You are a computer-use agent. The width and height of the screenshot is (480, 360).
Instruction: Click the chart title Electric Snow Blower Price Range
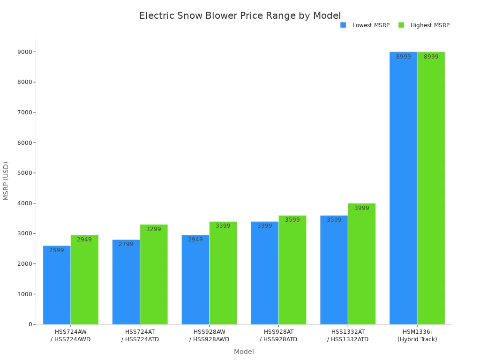(x=240, y=15)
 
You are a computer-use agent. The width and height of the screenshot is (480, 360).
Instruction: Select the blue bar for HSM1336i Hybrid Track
(x=403, y=187)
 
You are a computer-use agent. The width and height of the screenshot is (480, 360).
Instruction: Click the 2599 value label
(x=57, y=250)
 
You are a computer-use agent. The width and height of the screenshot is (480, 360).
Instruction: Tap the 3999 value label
(x=361, y=208)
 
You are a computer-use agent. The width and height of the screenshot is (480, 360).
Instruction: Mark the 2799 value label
(x=126, y=244)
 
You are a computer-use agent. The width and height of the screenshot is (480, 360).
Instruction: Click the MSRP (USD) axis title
(x=6, y=181)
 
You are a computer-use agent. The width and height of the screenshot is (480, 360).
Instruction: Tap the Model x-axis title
(x=244, y=352)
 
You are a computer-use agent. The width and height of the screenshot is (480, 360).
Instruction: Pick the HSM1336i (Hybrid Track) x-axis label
(x=417, y=336)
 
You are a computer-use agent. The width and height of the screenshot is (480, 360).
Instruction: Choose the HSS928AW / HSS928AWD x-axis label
(x=209, y=336)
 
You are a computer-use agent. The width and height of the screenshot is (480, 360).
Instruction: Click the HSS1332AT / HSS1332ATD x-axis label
(x=348, y=336)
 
